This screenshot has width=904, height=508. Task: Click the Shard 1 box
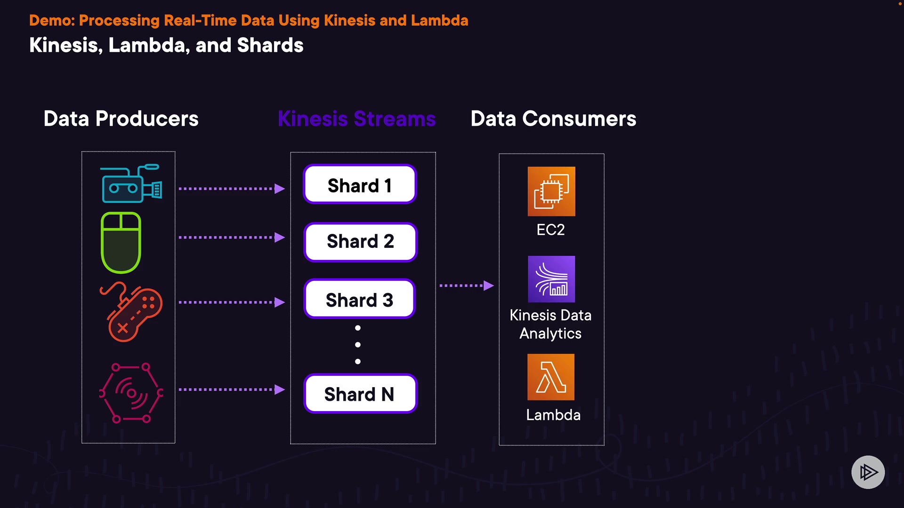coord(360,184)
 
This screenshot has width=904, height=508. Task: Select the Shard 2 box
coord(361,242)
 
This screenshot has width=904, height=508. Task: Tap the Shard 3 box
coord(360,299)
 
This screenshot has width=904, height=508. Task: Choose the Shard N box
coord(361,394)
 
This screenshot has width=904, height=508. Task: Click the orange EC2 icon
coord(551,191)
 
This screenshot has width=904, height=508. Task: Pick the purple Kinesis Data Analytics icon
coord(551,279)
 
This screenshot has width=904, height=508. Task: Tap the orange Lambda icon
coord(551,377)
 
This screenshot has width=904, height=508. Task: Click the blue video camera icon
coord(132,183)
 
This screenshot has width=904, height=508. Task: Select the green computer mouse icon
coord(121,243)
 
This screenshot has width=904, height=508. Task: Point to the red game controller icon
coord(131,311)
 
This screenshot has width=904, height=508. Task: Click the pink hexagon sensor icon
coord(131,393)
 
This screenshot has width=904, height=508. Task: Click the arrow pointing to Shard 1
coord(232,189)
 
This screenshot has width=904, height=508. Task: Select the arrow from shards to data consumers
coord(467,286)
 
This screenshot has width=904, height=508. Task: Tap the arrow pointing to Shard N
coord(232,389)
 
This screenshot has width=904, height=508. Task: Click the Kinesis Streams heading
coord(357,119)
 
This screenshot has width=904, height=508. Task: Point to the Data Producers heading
coord(121,119)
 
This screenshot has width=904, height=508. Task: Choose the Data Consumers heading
coord(553,119)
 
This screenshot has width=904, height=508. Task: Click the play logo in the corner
coord(868,472)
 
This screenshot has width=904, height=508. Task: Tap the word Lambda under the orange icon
coord(553,415)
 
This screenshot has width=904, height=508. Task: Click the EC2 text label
coord(550,230)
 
